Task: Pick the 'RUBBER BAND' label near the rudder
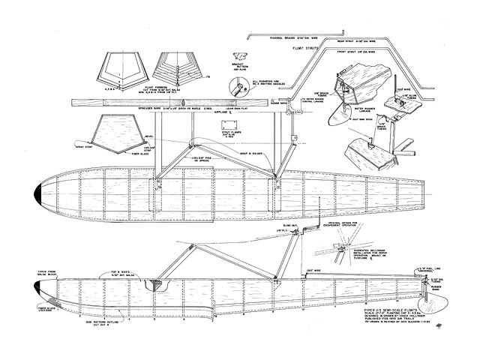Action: pyautogui.click(x=439, y=290)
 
